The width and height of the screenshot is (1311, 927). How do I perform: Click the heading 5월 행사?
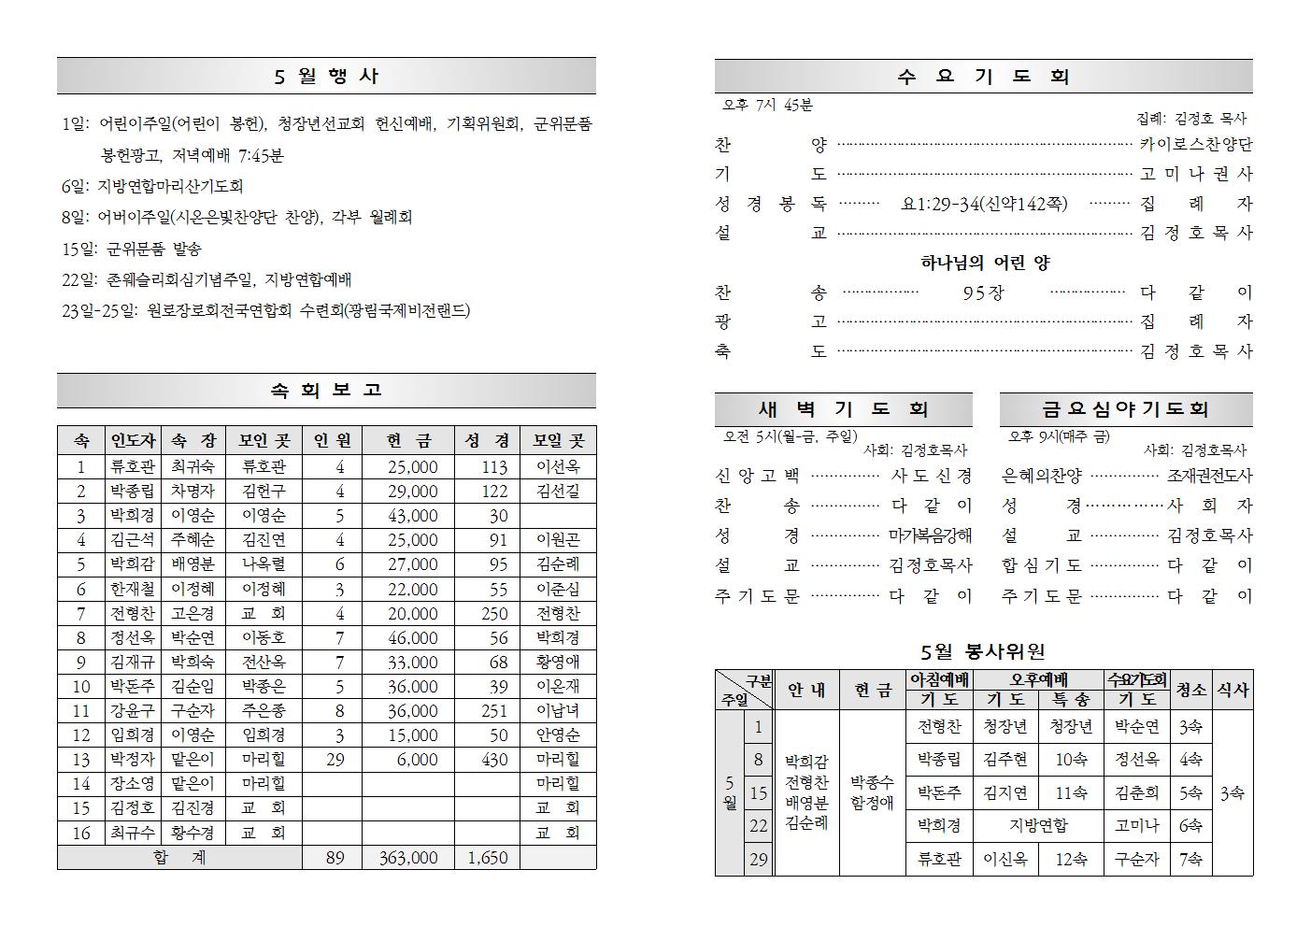326,77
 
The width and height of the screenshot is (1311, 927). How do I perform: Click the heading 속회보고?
326,391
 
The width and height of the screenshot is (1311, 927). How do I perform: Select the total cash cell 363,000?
408,858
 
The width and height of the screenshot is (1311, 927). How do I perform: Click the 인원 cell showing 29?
335,760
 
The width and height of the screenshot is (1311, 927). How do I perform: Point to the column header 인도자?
133,441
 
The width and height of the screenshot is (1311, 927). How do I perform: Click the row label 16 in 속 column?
80,833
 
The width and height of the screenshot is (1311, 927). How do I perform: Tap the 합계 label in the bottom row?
178,858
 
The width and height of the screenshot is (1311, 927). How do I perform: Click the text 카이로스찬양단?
1196,145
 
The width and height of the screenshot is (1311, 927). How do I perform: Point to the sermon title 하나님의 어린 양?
985,263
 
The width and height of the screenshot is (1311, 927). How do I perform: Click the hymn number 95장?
983,293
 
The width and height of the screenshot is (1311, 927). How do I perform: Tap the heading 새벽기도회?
843,409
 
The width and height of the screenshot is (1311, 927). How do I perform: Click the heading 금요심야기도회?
1125,409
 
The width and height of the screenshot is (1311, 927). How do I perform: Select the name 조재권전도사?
1209,476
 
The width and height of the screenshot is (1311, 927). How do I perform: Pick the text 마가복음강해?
930,535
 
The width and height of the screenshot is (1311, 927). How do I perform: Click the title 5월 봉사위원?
983,651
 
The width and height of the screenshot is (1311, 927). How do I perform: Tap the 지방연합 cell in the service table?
1038,826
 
